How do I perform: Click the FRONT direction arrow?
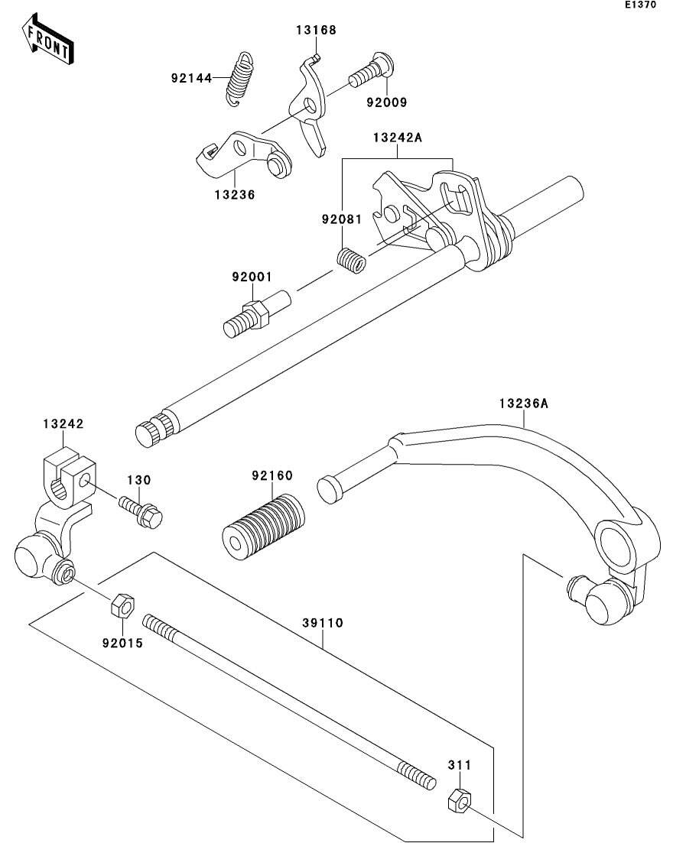click(x=48, y=39)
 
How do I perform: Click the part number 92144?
click(x=191, y=78)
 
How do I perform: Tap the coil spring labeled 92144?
click(x=239, y=79)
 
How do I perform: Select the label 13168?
click(x=316, y=30)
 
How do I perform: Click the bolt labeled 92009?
click(x=372, y=73)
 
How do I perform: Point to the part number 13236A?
click(x=523, y=404)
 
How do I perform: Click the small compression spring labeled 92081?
click(x=351, y=259)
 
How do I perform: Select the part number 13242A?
click(x=398, y=138)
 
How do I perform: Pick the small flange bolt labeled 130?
click(x=141, y=511)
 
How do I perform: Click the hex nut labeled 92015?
click(x=123, y=605)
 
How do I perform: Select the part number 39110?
click(x=322, y=623)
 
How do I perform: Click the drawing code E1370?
click(x=640, y=5)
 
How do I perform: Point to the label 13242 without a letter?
click(x=63, y=423)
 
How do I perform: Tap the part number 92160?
click(x=272, y=475)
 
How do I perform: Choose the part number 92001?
click(x=252, y=277)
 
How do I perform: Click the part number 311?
click(x=460, y=764)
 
